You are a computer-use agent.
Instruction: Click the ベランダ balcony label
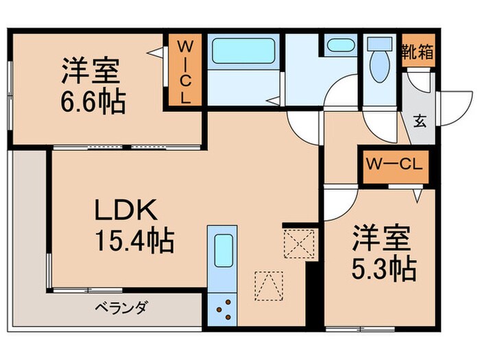(121, 306)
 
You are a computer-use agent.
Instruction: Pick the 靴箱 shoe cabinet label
(418, 52)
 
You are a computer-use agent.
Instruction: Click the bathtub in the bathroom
(243, 51)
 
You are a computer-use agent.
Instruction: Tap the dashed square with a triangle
(268, 286)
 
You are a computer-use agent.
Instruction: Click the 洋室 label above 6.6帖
(91, 72)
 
